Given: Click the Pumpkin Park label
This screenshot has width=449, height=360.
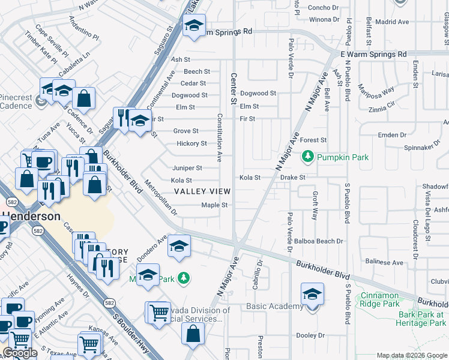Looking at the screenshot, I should (343, 157).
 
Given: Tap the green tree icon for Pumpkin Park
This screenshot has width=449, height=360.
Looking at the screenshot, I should (308, 157).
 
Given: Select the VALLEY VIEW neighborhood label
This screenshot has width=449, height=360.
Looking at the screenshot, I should (202, 191).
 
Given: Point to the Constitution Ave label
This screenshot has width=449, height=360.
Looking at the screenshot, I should (220, 137).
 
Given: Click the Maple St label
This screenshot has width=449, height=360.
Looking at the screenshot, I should (214, 205).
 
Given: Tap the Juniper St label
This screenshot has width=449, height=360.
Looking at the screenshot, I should (187, 168).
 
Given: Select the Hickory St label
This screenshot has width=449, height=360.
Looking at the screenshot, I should (191, 143).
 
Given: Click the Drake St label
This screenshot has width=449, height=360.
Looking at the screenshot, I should (293, 178).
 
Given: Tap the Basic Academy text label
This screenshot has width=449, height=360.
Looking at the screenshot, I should (275, 307).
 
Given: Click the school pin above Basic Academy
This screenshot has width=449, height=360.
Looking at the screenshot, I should (312, 295).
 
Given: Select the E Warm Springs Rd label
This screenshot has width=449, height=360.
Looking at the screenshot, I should (373, 54).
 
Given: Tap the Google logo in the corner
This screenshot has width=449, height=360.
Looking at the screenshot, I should (20, 353).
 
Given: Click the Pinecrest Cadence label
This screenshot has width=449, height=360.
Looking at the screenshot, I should (16, 102).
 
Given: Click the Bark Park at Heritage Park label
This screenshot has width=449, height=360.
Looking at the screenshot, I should (421, 319).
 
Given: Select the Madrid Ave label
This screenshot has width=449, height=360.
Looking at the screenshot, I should (392, 22).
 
